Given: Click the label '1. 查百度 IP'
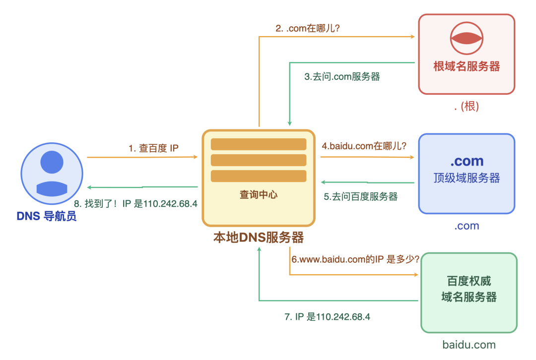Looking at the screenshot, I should pyautogui.click(x=153, y=148).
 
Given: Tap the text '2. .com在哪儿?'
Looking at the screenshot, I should pyautogui.click(x=308, y=28).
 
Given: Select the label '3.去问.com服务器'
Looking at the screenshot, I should pyautogui.click(x=342, y=77).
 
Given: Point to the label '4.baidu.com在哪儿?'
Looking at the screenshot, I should pyautogui.click(x=364, y=146).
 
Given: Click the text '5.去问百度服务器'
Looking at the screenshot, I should pyautogui.click(x=361, y=196).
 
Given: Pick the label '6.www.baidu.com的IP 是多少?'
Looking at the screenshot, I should pyautogui.click(x=355, y=259).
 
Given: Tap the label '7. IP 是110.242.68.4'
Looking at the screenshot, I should pyautogui.click(x=328, y=317).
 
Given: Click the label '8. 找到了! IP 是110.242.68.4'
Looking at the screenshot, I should pyautogui.click(x=135, y=203).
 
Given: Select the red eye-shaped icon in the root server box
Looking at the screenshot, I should pyautogui.click(x=467, y=39).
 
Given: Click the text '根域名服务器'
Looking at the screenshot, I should pyautogui.click(x=467, y=66).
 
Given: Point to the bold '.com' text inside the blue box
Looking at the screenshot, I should pyautogui.click(x=467, y=161).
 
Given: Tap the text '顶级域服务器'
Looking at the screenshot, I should pyautogui.click(x=467, y=178).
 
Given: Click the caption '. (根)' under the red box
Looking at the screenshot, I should pyautogui.click(x=467, y=107).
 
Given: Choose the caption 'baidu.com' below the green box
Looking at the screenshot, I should pyautogui.click(x=469, y=345).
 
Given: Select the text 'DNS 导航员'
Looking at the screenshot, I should pyautogui.click(x=47, y=216).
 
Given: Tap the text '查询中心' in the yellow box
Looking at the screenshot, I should pyautogui.click(x=259, y=195).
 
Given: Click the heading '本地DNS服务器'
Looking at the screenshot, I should pyautogui.click(x=259, y=238).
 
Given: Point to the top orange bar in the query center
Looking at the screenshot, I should pyautogui.click(x=259, y=144).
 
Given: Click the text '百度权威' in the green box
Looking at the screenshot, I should pyautogui.click(x=469, y=281).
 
